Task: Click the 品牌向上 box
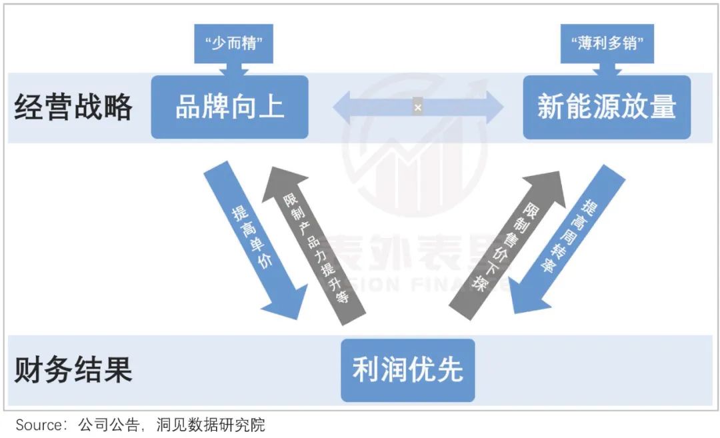coord(229,107)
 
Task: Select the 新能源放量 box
coord(606,107)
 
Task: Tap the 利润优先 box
coord(407,370)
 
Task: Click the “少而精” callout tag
coord(229,45)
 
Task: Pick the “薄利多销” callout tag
coord(606,45)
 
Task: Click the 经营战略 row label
coord(73,107)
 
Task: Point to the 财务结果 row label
coord(73,370)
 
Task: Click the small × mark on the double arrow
coord(418,107)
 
